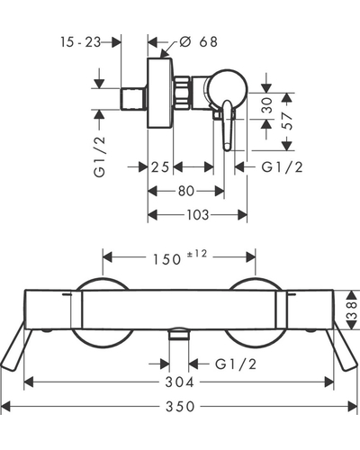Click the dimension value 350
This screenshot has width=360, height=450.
pyautogui.click(x=180, y=407)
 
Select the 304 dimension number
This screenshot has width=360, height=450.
pyautogui.click(x=180, y=382)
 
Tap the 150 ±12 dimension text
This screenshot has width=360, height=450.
pyautogui.click(x=180, y=257)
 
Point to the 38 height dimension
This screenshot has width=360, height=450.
pyautogui.click(x=353, y=310)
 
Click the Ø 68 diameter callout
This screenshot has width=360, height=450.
pyautogui.click(x=198, y=41)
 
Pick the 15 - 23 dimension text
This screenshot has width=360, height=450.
pyautogui.click(x=80, y=42)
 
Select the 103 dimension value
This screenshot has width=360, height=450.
pyautogui.click(x=198, y=215)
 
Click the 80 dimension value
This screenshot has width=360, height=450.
pyautogui.click(x=186, y=191)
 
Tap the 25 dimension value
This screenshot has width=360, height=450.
pyautogui.click(x=160, y=167)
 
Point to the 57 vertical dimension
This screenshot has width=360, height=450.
pyautogui.click(x=288, y=121)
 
